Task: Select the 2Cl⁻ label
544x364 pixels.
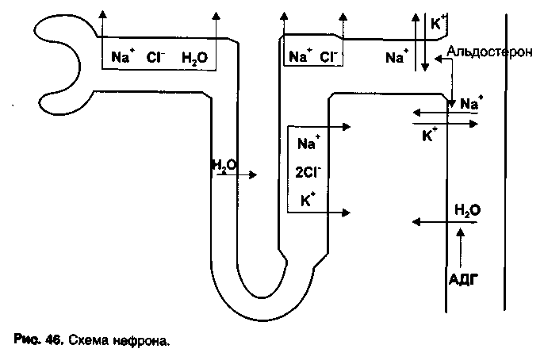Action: pos(308,172)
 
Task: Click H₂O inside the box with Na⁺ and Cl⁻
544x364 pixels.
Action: pos(194,57)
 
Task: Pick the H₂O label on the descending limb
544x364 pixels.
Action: pos(223,165)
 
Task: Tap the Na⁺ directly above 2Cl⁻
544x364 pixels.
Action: pos(308,144)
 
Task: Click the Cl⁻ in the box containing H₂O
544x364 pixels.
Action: pos(155,57)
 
